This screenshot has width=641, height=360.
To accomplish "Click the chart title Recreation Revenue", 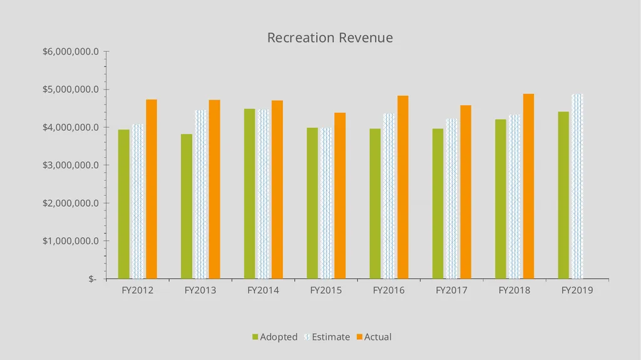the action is pos(330,38).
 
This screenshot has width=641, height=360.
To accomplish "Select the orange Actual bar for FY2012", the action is pos(151,189).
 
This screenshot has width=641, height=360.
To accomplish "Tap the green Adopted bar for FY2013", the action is pos(187,207).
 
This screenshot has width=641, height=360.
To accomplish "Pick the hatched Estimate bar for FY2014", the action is pos(264,194).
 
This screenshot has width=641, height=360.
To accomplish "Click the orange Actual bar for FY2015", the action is pos(340,196).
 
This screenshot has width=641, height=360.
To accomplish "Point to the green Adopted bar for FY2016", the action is pos(376,203).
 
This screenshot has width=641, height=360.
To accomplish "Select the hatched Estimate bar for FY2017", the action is pos(452,199).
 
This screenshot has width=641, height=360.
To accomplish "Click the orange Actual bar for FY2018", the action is pos(528,187).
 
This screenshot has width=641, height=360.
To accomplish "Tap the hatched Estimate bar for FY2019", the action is pos(577,187).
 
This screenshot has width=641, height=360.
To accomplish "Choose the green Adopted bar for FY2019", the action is pos(563,195).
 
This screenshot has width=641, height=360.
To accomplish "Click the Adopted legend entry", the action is pos(275,337).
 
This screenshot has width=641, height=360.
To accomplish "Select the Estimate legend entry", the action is pos(327,337).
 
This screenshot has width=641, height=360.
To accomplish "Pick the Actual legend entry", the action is pos(374,337).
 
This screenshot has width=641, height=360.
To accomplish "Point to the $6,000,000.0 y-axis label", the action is pos(71,51).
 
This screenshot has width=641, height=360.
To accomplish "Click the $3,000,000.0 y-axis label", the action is pos(71,165).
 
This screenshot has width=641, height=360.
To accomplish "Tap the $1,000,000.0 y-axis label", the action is pos(71,241).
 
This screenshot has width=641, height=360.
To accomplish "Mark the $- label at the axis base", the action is pos(93,279).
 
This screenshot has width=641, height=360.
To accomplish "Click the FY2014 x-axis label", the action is pos(264,291).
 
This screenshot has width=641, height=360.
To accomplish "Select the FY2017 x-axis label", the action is pos(452,291).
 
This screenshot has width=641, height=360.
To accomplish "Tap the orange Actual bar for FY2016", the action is pos(403,187).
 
